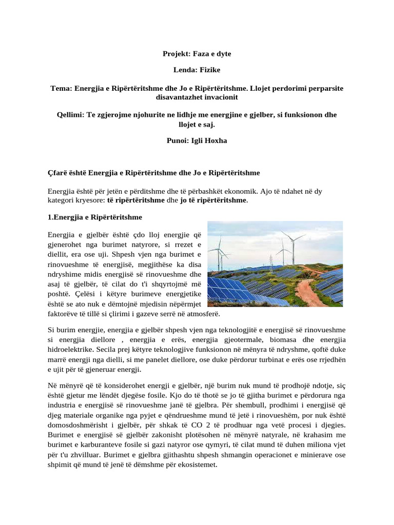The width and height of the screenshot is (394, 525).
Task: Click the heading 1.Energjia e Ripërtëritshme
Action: (x=95, y=217)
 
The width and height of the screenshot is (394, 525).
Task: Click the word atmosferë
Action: (x=194, y=312)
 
